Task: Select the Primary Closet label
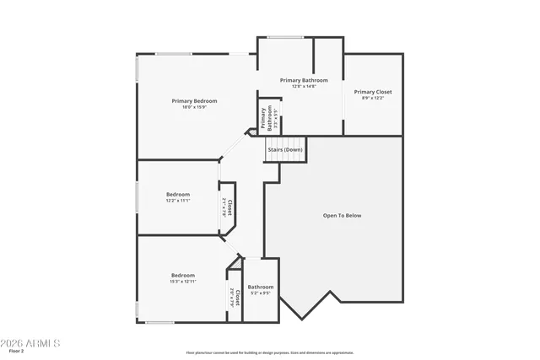tap(372, 92)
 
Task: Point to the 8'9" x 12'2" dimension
tap(372, 98)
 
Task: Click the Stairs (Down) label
tap(285, 150)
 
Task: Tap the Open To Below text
tap(342, 216)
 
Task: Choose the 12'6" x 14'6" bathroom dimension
tap(303, 86)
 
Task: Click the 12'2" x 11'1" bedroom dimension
tap(177, 201)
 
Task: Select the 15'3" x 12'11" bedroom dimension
tap(183, 282)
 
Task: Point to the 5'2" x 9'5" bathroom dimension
tap(260, 293)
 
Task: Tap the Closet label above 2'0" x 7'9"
tap(239, 297)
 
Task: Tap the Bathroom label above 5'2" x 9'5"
tap(260, 287)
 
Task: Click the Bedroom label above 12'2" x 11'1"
tap(177, 194)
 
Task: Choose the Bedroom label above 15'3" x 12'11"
tap(183, 276)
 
